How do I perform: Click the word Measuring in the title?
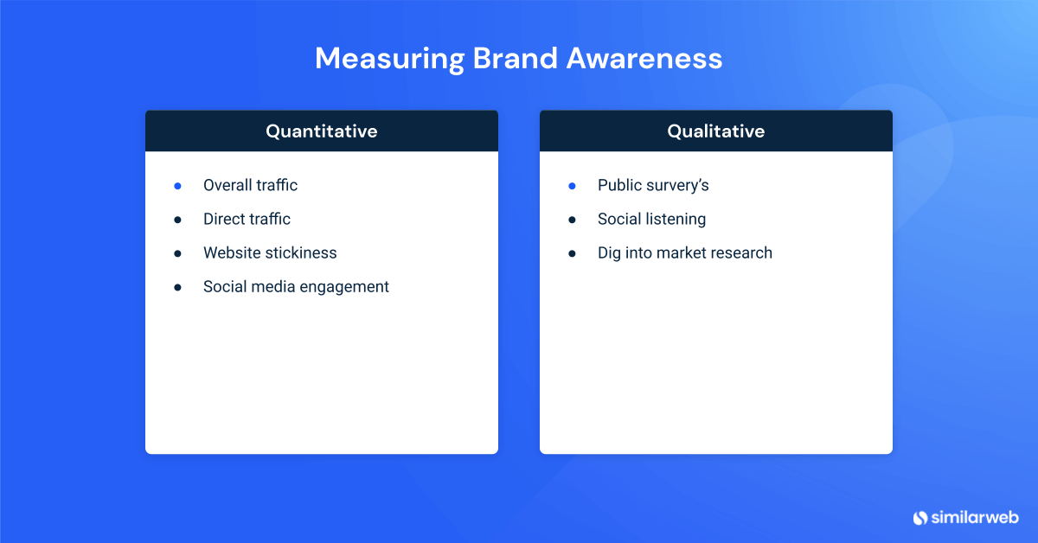coord(388,58)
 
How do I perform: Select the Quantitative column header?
coord(321,131)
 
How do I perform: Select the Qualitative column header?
coord(715,131)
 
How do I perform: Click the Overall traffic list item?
coord(250,185)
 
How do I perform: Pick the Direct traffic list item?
coord(247,219)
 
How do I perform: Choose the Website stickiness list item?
coord(270,252)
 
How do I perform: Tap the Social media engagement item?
coord(296,286)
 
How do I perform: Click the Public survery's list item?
coord(653,185)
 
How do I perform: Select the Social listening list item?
coord(651,219)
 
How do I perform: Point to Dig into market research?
coord(684,252)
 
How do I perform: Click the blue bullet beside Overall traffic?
coord(177,185)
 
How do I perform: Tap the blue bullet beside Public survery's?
coord(572,185)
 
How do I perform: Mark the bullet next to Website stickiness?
coord(177,253)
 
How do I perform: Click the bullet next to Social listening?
coord(572,220)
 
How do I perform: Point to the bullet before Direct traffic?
coord(177,220)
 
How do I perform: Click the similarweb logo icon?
coord(919,517)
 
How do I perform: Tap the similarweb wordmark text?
coord(974,517)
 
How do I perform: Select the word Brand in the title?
coord(515,58)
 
